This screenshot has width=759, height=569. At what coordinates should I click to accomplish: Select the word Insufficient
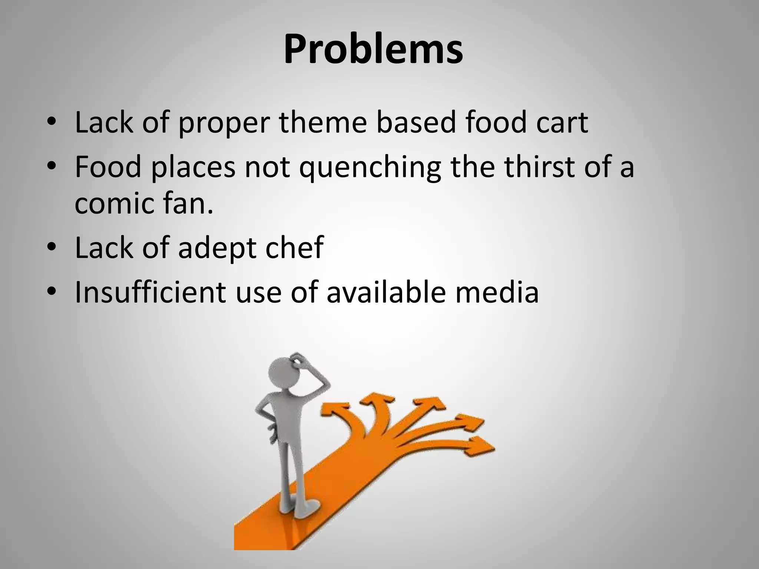150,292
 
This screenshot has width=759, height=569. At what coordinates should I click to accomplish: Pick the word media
497,292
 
